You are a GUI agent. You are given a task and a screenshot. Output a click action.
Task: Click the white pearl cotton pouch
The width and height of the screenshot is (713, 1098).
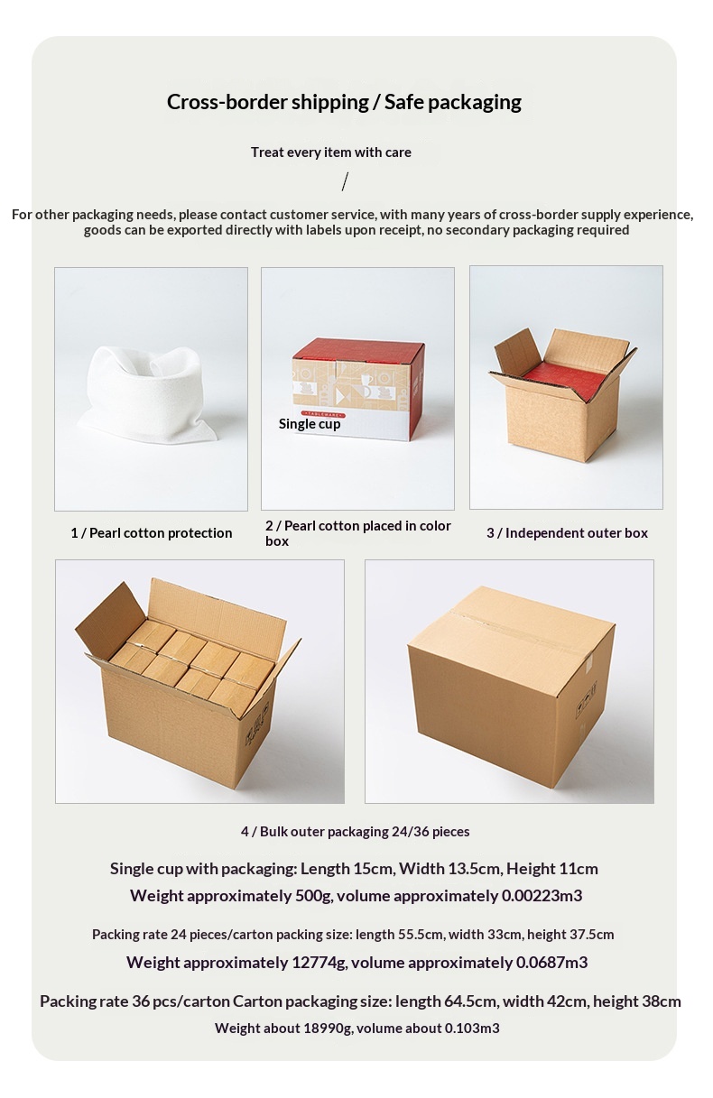[x=143, y=390]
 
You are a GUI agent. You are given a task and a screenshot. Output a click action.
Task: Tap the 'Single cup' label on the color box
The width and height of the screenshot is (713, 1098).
[x=310, y=423]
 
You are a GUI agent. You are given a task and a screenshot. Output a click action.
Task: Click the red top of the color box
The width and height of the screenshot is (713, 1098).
[x=358, y=350]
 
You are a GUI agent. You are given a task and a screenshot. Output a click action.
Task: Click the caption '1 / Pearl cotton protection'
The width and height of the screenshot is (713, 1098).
[x=152, y=533]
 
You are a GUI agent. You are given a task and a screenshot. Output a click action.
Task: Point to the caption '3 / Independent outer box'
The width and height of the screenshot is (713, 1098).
[x=567, y=533]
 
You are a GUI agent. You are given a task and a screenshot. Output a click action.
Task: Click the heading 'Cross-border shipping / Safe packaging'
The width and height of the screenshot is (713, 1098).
[x=344, y=102]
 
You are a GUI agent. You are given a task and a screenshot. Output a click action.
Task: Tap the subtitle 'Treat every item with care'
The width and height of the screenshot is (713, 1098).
[x=331, y=152]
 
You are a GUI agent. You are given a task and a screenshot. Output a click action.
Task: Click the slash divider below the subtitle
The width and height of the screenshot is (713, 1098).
[x=345, y=181]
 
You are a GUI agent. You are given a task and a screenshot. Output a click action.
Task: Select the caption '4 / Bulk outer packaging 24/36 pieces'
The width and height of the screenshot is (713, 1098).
[x=355, y=831]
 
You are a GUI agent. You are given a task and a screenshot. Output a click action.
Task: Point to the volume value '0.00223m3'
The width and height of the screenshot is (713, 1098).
[x=542, y=896]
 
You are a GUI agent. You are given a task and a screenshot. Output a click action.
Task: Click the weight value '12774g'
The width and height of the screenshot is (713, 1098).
[x=319, y=963]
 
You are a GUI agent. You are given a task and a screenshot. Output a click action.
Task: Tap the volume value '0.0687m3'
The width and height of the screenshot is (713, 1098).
[x=551, y=963]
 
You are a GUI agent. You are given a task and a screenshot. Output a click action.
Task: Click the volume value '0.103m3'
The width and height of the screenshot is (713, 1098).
[x=472, y=1028]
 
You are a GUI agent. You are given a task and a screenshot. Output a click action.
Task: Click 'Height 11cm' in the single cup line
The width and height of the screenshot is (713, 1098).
[x=552, y=869]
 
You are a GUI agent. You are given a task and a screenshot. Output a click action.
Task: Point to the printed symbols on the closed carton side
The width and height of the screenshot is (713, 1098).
[x=587, y=701]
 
